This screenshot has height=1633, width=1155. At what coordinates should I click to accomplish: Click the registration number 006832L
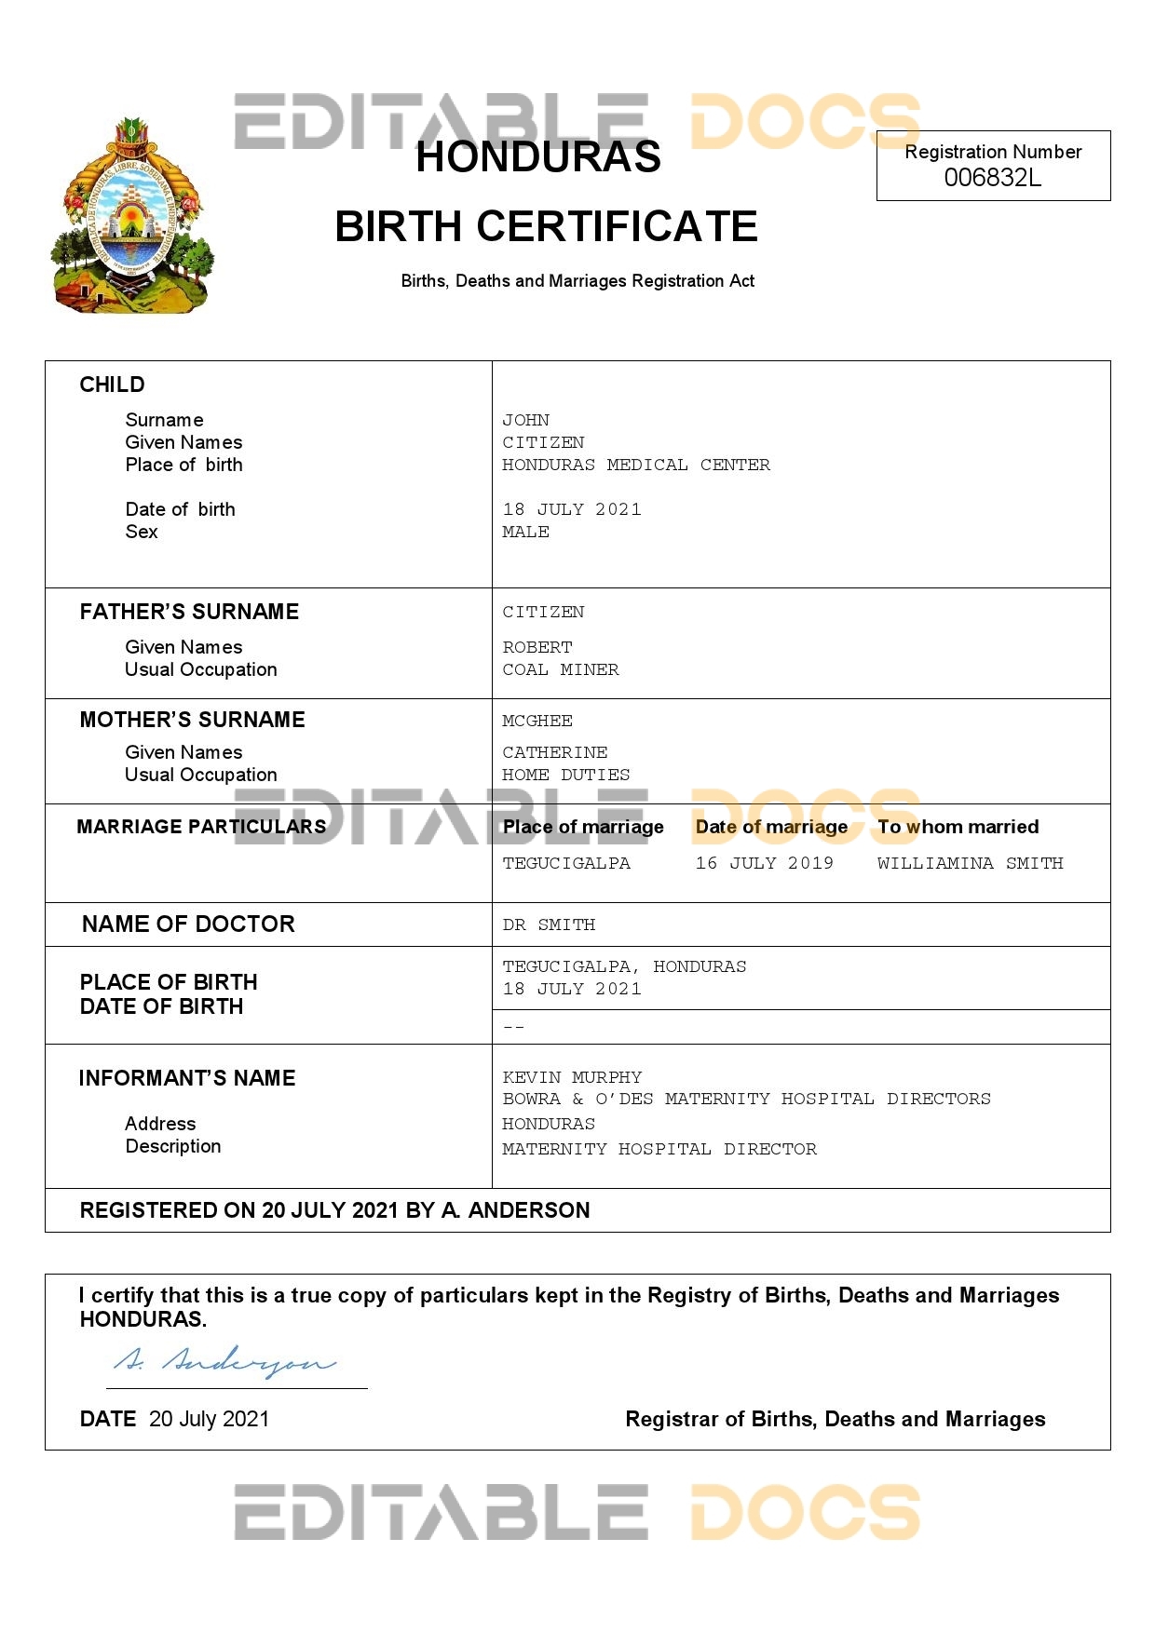(x=992, y=178)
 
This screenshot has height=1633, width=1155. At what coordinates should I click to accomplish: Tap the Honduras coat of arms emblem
(x=132, y=217)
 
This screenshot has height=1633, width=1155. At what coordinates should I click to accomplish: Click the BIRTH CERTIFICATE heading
(x=546, y=226)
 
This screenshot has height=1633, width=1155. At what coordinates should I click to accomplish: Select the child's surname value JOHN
(x=525, y=420)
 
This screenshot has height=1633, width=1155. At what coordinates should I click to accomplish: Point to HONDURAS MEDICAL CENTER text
(x=635, y=465)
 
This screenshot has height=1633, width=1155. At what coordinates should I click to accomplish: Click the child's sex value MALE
(x=525, y=532)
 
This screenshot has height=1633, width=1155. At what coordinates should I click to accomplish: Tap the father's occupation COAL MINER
(x=560, y=669)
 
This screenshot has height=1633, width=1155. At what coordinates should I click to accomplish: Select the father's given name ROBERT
(x=537, y=647)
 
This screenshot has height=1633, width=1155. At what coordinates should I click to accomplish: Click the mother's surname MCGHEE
(x=537, y=721)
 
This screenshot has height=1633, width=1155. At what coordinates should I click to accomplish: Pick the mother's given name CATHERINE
(x=554, y=752)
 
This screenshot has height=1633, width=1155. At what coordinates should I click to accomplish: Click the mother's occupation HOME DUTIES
(x=565, y=775)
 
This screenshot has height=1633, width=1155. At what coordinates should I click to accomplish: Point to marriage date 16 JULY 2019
(x=764, y=863)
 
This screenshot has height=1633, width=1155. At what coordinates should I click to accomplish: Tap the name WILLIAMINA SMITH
(x=970, y=863)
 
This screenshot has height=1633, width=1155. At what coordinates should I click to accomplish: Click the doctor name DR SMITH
(x=548, y=924)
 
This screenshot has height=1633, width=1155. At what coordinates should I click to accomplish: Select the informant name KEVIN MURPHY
(x=572, y=1077)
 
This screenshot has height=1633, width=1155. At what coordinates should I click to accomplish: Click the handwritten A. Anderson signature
(x=224, y=1362)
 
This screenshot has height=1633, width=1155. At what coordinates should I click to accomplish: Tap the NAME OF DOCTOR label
(x=188, y=924)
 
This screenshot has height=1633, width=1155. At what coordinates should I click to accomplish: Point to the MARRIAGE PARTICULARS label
(x=201, y=827)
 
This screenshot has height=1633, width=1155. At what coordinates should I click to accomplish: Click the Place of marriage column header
(x=583, y=827)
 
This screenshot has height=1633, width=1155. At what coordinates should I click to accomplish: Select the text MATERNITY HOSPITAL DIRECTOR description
(x=659, y=1149)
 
